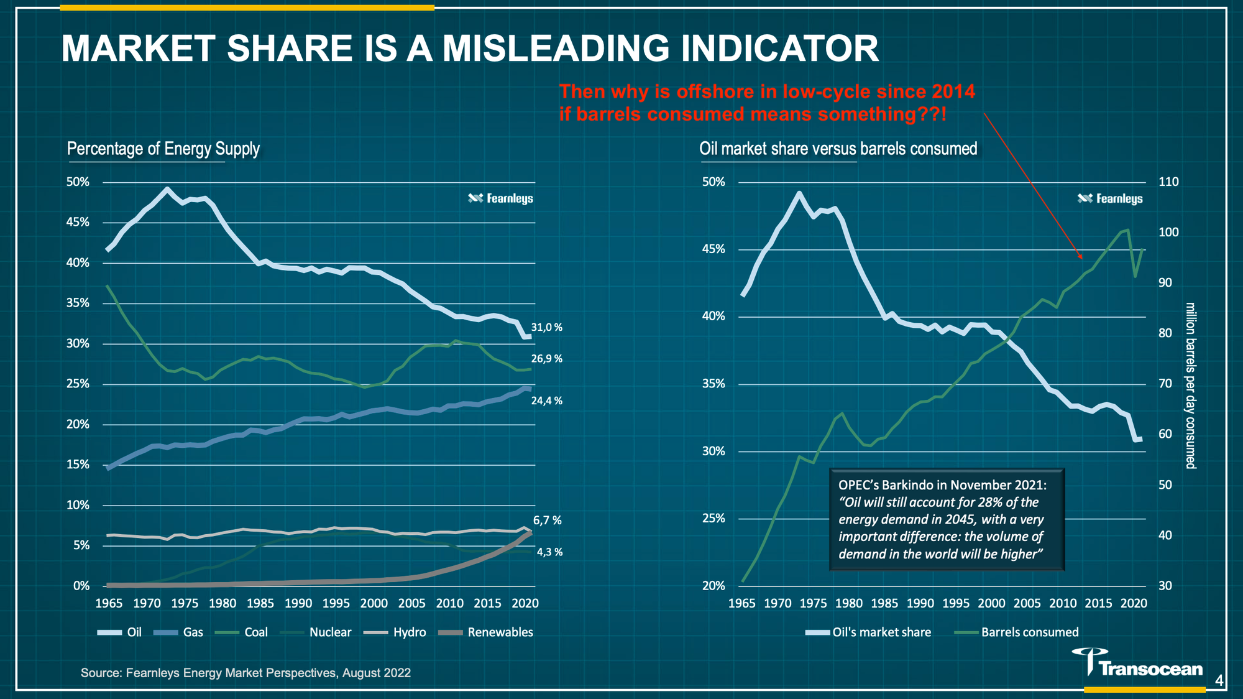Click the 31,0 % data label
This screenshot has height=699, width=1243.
tap(546, 328)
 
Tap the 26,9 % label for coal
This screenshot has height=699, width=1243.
tap(546, 359)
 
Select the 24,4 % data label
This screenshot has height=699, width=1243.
tap(546, 401)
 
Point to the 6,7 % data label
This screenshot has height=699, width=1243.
tap(547, 521)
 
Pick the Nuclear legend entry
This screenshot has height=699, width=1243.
tap(317, 632)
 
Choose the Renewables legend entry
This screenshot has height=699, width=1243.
tap(486, 632)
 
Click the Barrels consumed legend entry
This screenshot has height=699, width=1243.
tap(1017, 632)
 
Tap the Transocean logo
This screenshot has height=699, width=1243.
tap(1137, 663)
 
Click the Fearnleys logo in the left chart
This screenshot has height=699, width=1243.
tap(500, 198)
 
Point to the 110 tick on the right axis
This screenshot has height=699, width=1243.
tap(1168, 182)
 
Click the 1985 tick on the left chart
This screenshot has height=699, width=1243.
tap(260, 603)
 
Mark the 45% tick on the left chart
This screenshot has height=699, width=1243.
tap(78, 223)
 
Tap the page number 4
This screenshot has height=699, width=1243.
tap(1219, 681)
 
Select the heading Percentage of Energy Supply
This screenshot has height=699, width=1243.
tap(163, 149)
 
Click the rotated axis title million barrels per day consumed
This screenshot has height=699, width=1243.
tap(1190, 386)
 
